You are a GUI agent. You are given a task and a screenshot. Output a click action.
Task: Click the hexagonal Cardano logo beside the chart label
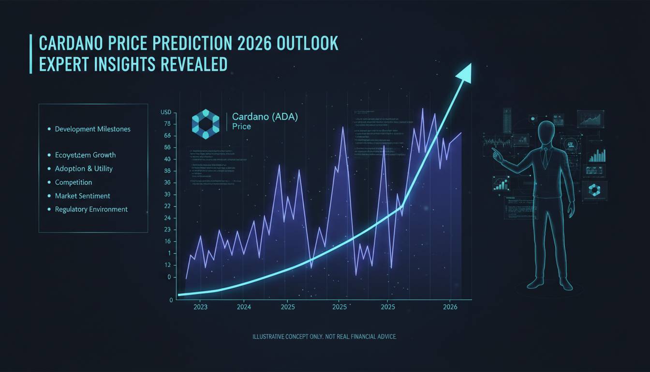tap(206, 124)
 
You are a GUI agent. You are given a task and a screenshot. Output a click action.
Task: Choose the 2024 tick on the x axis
tap(244, 307)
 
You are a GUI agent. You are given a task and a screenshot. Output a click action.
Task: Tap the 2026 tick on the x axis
tap(450, 307)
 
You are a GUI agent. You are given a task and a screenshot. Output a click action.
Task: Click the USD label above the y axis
tap(166, 112)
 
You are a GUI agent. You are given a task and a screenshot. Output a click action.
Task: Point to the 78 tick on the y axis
tap(167, 124)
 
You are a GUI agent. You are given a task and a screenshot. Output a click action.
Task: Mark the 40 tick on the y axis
tap(167, 159)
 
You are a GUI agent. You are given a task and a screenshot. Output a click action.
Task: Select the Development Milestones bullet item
tap(92, 129)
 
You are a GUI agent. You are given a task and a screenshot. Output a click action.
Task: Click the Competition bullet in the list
tap(73, 182)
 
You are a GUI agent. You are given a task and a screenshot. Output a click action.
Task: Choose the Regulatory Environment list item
tap(91, 209)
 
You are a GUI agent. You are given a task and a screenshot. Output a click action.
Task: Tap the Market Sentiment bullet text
tap(82, 196)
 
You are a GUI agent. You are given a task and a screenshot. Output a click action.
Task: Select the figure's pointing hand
tap(496, 152)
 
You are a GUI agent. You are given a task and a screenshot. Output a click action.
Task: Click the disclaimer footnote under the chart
tap(325, 336)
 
